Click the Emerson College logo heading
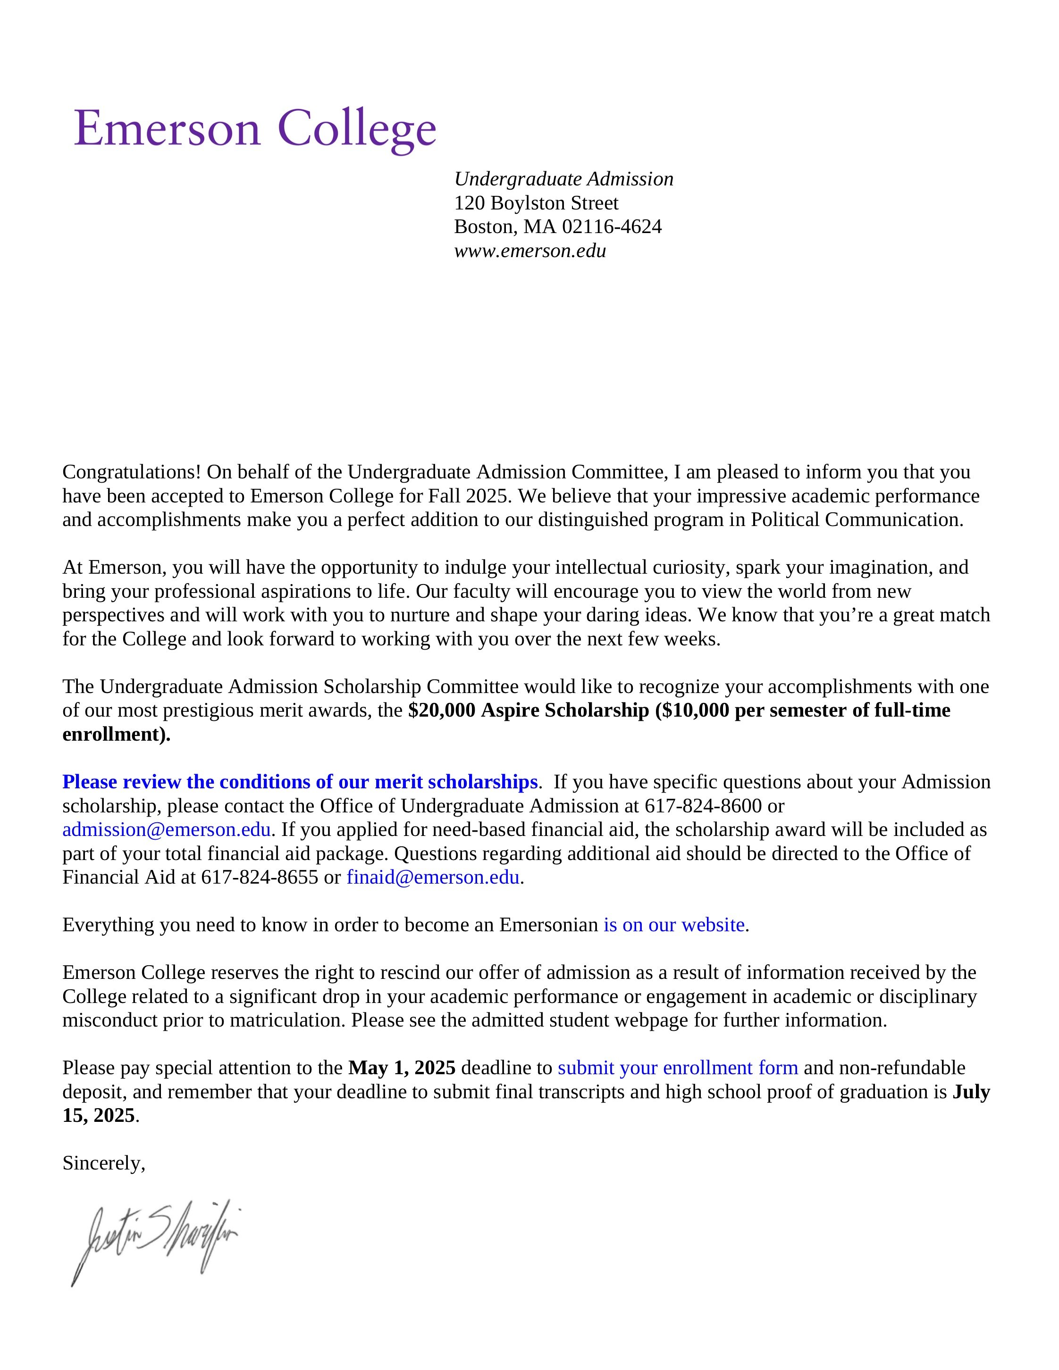255,129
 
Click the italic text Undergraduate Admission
563,179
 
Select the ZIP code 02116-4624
611,226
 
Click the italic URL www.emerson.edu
529,251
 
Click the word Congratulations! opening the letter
132,472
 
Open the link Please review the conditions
299,782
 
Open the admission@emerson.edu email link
166,829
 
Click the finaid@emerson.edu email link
433,877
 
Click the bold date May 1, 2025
402,1068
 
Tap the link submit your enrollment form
678,1068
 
